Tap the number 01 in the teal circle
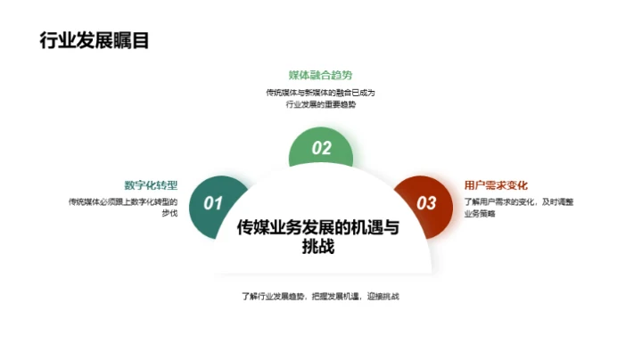pyautogui.click(x=213, y=203)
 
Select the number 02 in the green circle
pyautogui.click(x=322, y=149)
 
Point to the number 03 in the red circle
pyautogui.click(x=427, y=203)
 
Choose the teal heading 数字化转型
pyautogui.click(x=152, y=185)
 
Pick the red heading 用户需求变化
pyautogui.click(x=497, y=185)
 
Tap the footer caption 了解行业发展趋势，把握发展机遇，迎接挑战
pyautogui.click(x=320, y=296)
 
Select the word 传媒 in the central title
pyautogui.click(x=255, y=226)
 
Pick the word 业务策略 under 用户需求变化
pyautogui.click(x=480, y=214)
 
